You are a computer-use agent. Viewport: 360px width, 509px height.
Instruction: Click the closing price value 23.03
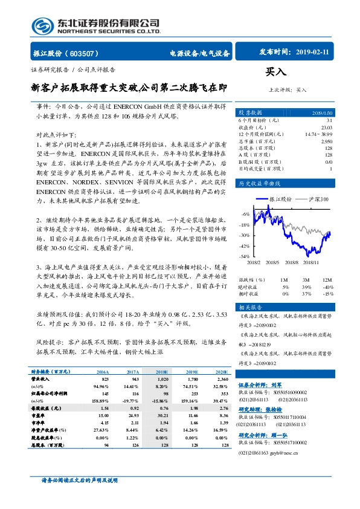(327, 128)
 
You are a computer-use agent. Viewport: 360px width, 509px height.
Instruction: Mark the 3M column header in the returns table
(306, 280)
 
